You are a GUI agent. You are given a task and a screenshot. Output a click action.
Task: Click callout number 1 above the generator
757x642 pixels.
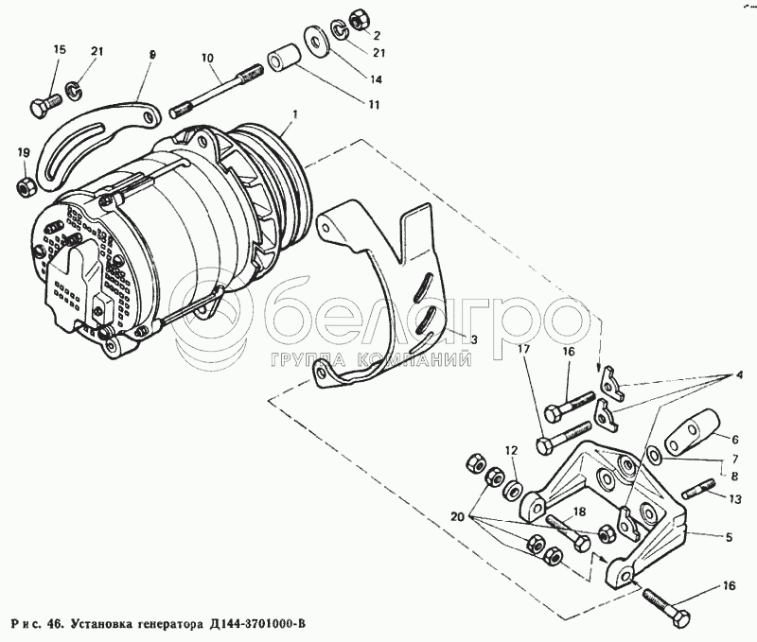(x=295, y=114)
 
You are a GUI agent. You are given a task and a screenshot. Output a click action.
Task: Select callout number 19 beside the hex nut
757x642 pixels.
(x=24, y=152)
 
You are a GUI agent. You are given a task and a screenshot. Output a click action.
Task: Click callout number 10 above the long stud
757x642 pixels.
(x=207, y=57)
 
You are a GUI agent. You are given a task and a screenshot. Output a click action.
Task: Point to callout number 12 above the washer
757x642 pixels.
(x=511, y=450)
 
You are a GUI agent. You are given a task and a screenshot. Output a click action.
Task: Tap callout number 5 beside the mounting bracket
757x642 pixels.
(x=728, y=538)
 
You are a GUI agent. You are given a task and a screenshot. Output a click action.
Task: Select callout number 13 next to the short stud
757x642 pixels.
(x=734, y=498)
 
